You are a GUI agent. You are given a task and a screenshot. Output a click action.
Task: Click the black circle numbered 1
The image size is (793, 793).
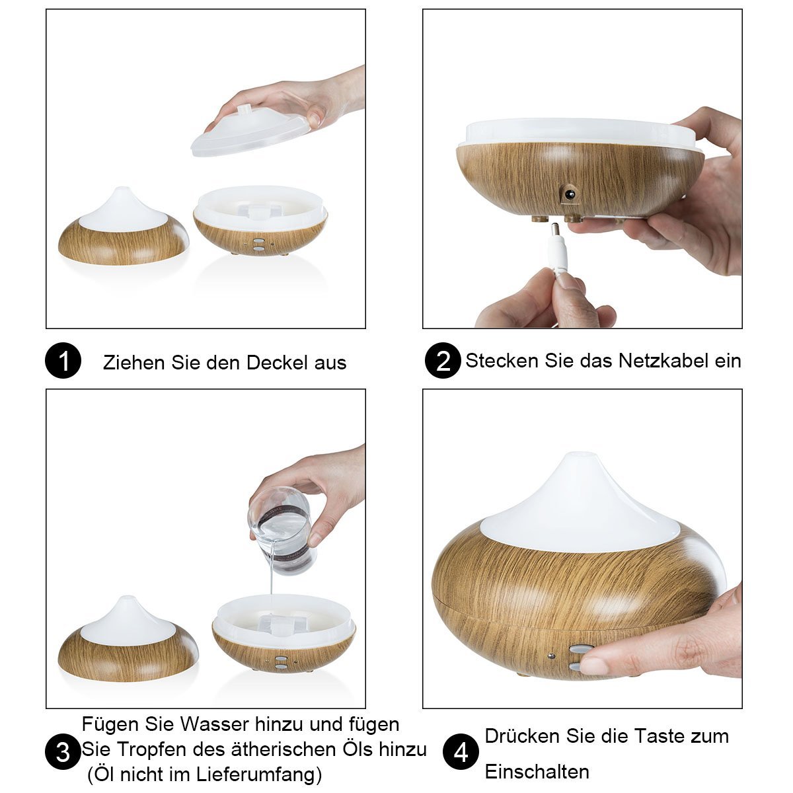pyautogui.click(x=63, y=360)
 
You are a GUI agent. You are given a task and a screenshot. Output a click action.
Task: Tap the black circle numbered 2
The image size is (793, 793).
pyautogui.click(x=443, y=360)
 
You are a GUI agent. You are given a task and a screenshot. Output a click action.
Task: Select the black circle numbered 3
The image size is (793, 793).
pyautogui.click(x=63, y=751)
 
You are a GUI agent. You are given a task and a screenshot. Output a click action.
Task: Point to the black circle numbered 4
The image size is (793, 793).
pyautogui.click(x=461, y=751)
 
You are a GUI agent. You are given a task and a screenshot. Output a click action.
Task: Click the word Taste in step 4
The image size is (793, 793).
pyautogui.click(x=658, y=736)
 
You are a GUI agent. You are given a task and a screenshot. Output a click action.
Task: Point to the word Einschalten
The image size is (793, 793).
pyautogui.click(x=537, y=772)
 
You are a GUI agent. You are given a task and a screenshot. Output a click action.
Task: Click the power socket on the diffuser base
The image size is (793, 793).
pyautogui.click(x=570, y=194)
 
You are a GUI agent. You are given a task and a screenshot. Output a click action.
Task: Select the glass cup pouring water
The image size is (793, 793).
pyautogui.click(x=282, y=531)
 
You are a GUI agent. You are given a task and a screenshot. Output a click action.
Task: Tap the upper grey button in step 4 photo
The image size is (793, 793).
pyautogui.click(x=578, y=650)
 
